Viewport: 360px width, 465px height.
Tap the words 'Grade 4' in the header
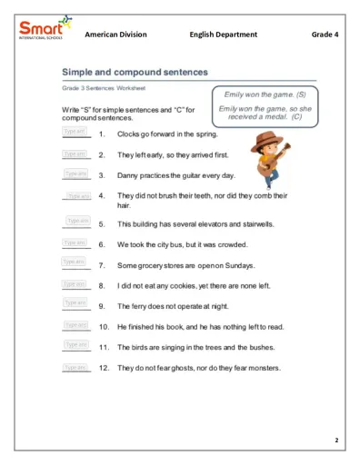pos(325,35)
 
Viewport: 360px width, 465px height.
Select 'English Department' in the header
pos(224,35)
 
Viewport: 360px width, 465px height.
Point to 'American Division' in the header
pos(115,35)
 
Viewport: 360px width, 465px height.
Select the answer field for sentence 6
pos(75,243)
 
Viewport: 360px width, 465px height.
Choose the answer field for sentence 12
pos(75,368)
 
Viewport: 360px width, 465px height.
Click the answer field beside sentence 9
pos(75,305)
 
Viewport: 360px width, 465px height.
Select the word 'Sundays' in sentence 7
pos(236,266)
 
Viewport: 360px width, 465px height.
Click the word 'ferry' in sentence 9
pos(141,306)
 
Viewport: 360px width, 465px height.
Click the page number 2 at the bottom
pos(335,440)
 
